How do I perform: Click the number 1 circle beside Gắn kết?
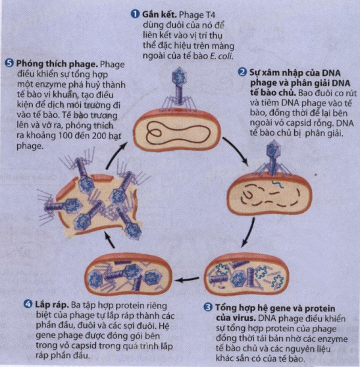pyautogui.click(x=135, y=14)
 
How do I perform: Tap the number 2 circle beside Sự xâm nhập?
pyautogui.click(x=242, y=72)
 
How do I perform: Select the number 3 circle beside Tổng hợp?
pyautogui.click(x=208, y=307)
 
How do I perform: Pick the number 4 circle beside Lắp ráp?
pyautogui.click(x=28, y=304)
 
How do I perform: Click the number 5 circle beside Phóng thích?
pyautogui.click(x=9, y=63)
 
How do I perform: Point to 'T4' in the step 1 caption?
pyautogui.click(x=210, y=14)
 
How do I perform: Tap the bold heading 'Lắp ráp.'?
pyautogui.click(x=52, y=305)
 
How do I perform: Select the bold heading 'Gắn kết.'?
pyautogui.click(x=159, y=14)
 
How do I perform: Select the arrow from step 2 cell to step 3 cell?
pyautogui.click(x=249, y=233)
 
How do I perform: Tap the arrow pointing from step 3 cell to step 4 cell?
pyautogui.click(x=188, y=279)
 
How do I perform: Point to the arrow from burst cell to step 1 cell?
pyautogui.click(x=116, y=155)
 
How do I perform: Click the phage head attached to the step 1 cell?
pyautogui.click(x=180, y=76)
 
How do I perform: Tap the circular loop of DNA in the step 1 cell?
pyautogui.click(x=153, y=133)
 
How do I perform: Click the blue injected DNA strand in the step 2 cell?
pyautogui.click(x=278, y=184)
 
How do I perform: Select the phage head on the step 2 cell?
pyautogui.click(x=273, y=150)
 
